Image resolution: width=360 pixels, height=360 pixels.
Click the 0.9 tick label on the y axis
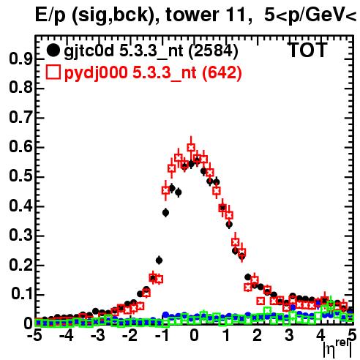pyautogui.click(x=20, y=59)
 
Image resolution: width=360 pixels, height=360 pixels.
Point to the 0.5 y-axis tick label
pyautogui.click(x=20, y=176)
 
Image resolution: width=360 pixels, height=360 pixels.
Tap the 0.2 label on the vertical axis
pyautogui.click(x=20, y=265)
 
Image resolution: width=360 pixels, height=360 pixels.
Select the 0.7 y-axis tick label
pyautogui.click(x=20, y=118)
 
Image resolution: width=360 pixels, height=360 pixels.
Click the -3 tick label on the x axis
pyautogui.click(x=98, y=335)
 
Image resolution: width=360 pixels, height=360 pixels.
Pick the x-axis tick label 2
pyautogui.click(x=258, y=335)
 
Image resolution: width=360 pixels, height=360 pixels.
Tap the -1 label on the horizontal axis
pyautogui.click(x=162, y=335)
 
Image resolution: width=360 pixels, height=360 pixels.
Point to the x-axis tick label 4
pyautogui.click(x=321, y=335)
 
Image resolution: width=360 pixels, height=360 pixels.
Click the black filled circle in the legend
pyautogui.click(x=53, y=50)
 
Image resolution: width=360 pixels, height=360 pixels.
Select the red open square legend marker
pyautogui.click(x=53, y=72)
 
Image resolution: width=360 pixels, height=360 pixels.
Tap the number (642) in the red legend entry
pyautogui.click(x=222, y=73)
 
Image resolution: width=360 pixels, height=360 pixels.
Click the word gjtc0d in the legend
pyautogui.click(x=89, y=52)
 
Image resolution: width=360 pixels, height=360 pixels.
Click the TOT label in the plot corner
pyautogui.click(x=308, y=50)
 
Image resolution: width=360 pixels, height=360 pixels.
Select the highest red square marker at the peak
pyautogui.click(x=191, y=147)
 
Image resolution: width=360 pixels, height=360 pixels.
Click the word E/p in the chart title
pyautogui.click(x=50, y=16)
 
